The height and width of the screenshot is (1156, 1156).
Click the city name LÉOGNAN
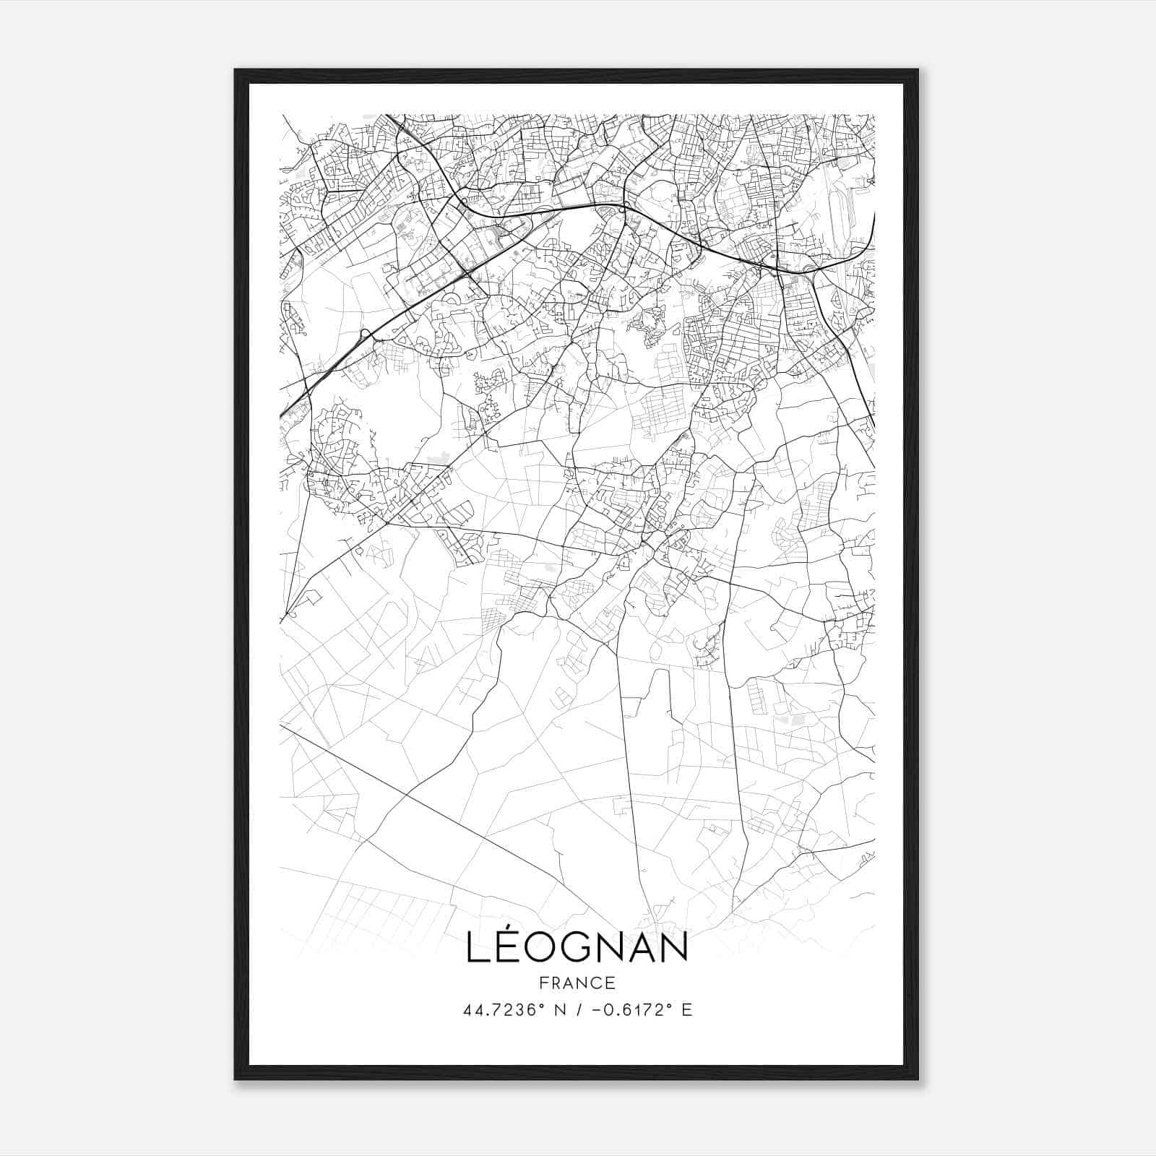(577, 946)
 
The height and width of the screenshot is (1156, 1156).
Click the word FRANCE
(577, 983)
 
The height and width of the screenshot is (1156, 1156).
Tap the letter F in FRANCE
(543, 983)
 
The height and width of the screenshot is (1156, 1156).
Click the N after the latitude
(559, 1010)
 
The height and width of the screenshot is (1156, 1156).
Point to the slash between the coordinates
(577, 1010)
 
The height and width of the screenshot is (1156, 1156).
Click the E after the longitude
(687, 1010)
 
